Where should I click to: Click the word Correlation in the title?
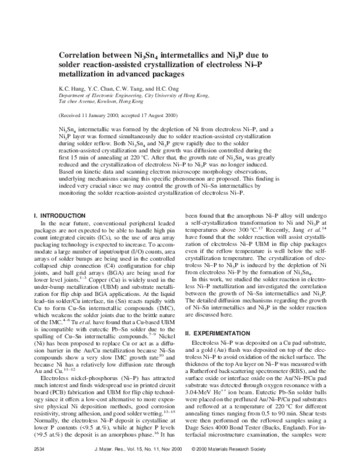81,53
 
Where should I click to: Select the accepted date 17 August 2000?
160,115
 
